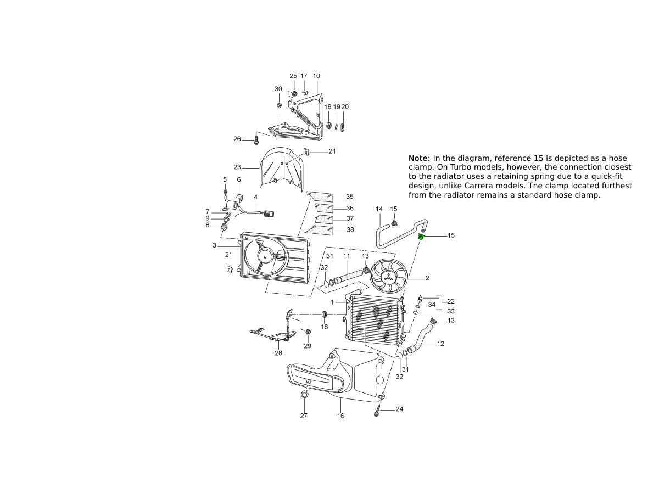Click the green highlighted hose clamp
point(421,237)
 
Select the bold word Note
point(419,159)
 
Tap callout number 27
point(304,416)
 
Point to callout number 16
point(340,416)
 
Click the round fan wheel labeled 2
point(389,276)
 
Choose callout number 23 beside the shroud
point(237,167)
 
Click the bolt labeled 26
point(256,141)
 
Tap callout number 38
point(350,230)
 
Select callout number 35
point(350,197)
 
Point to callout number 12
point(440,344)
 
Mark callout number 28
point(278,353)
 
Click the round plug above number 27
point(304,395)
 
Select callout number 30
point(278,89)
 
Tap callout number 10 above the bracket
point(316,76)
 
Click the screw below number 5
point(226,195)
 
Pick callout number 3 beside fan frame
point(214,245)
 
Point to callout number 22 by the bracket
point(451,301)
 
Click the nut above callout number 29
point(308,332)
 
